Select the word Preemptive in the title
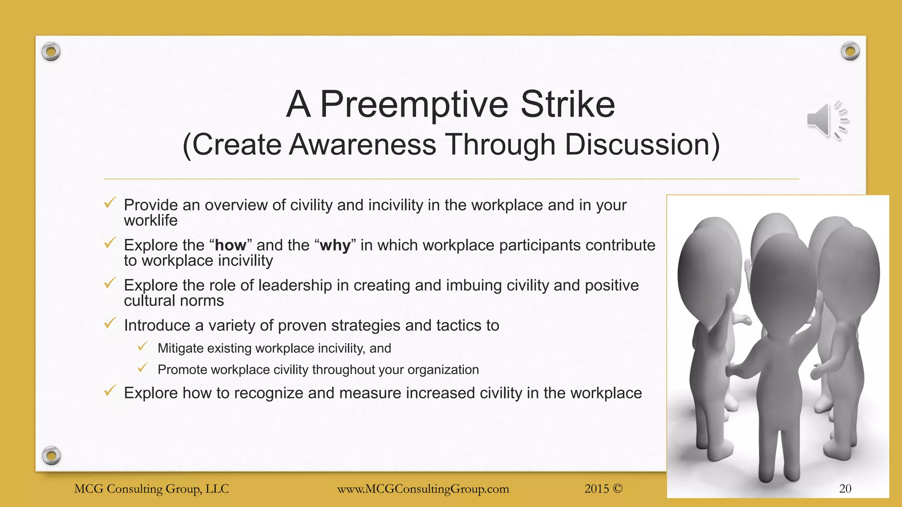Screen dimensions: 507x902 pos(414,104)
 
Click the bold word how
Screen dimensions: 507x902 pos(230,245)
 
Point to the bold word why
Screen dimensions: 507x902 pos(335,245)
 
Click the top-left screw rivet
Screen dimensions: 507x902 pos(51,52)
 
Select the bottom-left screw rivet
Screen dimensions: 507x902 pos(51,455)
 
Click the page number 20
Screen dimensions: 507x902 pos(845,489)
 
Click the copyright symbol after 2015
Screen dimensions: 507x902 pos(617,489)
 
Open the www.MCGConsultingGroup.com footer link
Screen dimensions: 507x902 pos(423,489)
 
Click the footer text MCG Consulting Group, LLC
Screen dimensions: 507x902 pos(152,489)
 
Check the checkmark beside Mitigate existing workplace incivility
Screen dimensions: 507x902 pos(142,347)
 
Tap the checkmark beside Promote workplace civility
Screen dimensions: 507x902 pos(142,368)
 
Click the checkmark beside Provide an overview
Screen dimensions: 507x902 pos(110,203)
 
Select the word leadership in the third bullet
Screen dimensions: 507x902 pos(295,285)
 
